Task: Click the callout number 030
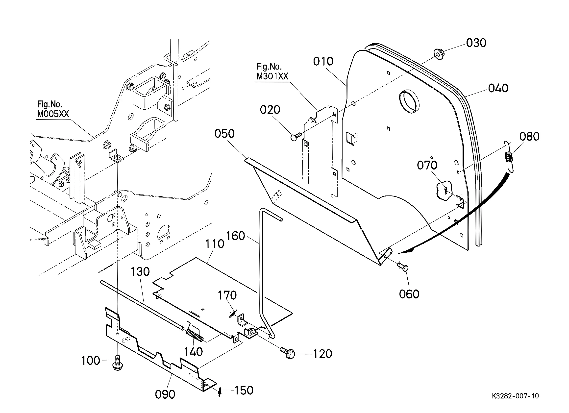[476, 43]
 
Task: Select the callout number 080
[529, 137]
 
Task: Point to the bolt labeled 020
[296, 137]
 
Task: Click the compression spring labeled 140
[195, 336]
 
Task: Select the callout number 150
[244, 390]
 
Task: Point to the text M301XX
[272, 76]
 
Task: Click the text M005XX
[53, 114]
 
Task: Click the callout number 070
[427, 165]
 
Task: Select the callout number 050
[224, 134]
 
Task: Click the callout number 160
[235, 236]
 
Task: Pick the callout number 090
[165, 395]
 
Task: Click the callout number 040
[498, 88]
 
